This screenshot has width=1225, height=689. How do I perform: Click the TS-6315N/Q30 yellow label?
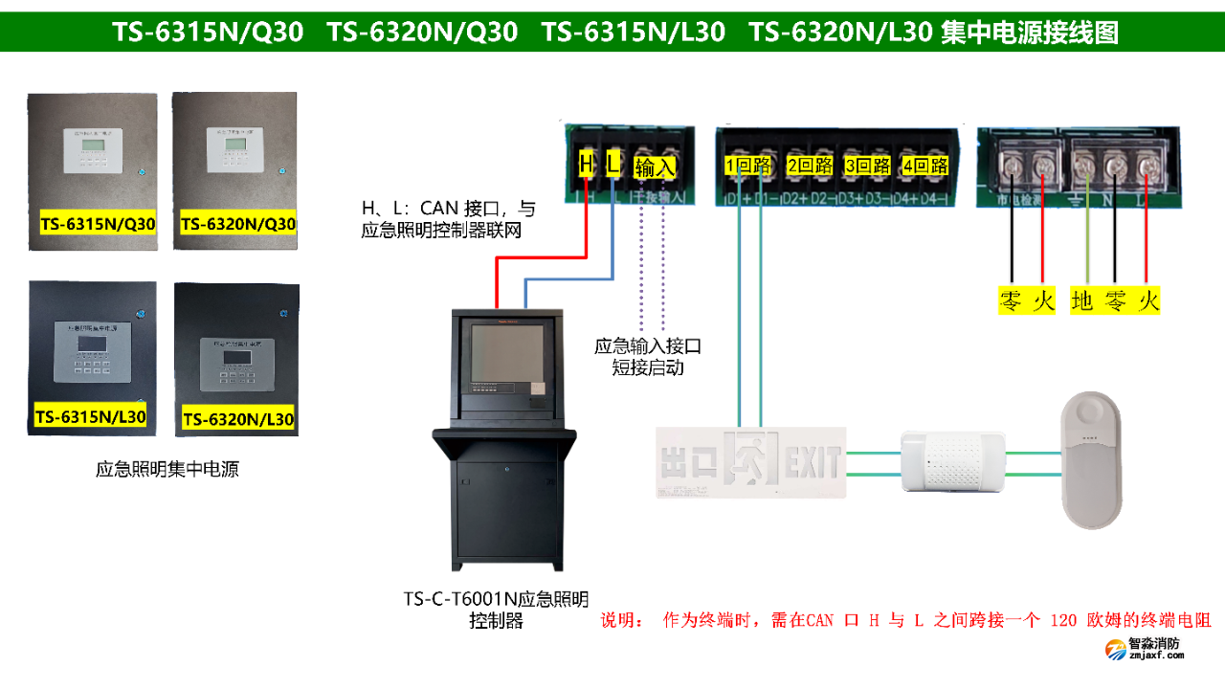[x=97, y=225]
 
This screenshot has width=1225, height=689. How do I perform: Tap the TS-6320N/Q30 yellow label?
[x=237, y=225]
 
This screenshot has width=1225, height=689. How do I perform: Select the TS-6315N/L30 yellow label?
[x=90, y=416]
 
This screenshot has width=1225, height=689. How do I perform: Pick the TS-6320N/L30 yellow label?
[x=237, y=419]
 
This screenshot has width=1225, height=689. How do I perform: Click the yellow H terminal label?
[x=586, y=165]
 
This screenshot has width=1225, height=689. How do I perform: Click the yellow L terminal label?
[x=612, y=165]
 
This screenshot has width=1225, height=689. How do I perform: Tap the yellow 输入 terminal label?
[x=655, y=168]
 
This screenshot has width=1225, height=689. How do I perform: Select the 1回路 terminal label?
[x=748, y=166]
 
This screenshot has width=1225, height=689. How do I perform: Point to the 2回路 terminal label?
[x=810, y=166]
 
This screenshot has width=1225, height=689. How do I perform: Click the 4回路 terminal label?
[x=924, y=166]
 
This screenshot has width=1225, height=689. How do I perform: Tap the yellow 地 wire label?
[x=1081, y=301]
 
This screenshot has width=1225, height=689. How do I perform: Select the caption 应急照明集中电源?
[x=167, y=469]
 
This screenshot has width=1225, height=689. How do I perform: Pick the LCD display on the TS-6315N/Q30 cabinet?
[x=93, y=145]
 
